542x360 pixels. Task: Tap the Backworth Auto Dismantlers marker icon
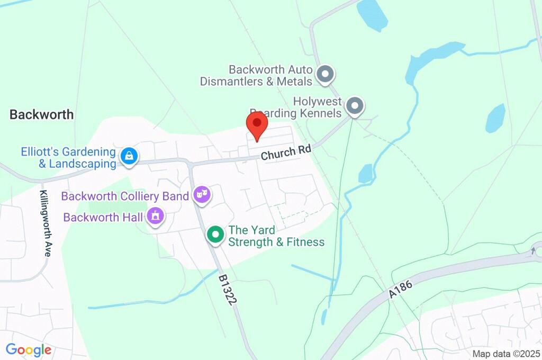(325, 75)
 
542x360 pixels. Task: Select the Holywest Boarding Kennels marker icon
(355, 106)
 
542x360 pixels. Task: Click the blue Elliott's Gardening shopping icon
(129, 156)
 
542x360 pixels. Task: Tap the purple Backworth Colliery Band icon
(202, 195)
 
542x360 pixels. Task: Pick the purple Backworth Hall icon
(155, 216)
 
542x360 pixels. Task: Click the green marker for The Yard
(215, 235)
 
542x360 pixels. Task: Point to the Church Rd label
(285, 153)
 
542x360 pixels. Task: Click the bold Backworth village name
(42, 114)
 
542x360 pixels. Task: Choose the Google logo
(29, 349)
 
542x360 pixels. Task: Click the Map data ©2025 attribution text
(506, 354)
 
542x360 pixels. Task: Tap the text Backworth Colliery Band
(125, 196)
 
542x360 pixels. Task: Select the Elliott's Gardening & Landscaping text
(69, 158)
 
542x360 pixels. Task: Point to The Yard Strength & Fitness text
(276, 237)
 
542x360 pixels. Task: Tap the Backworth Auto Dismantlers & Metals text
(257, 76)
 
